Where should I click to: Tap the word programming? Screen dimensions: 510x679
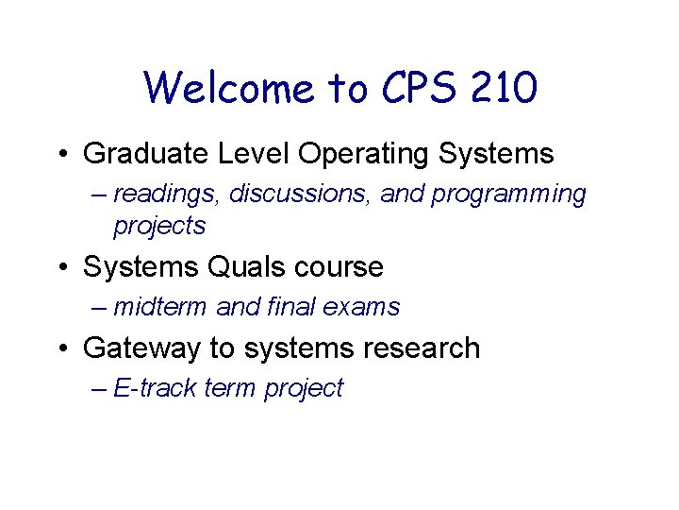coord(509,195)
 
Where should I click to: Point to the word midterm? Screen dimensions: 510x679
coord(160,307)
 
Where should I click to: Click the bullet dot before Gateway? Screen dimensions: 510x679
coord(62,348)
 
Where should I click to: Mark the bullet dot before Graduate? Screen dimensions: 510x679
coord(62,153)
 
